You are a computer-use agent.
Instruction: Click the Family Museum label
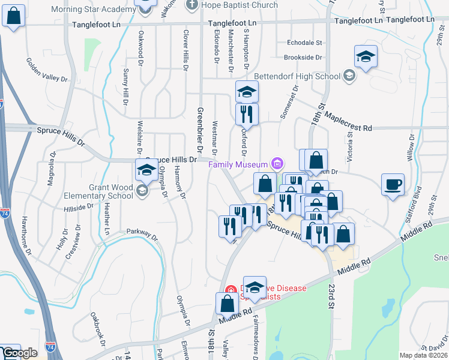[x=238, y=164]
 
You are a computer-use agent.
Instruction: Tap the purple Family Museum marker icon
[x=276, y=163]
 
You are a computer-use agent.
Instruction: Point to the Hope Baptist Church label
[x=240, y=5]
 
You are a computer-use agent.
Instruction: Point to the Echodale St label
[x=304, y=43]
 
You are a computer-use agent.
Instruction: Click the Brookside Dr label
[x=303, y=58]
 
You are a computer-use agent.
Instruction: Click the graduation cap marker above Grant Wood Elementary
[x=145, y=171]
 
